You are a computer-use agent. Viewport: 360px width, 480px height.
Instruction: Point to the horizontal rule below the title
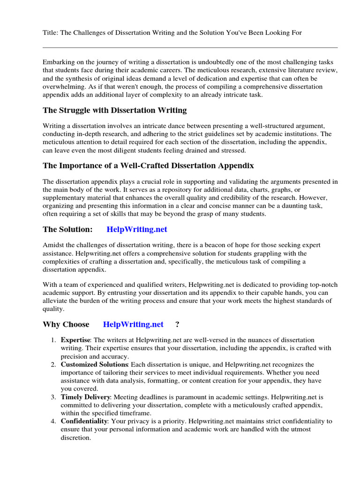(x=190, y=47)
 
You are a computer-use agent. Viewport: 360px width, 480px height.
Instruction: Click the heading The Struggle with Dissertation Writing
(x=115, y=110)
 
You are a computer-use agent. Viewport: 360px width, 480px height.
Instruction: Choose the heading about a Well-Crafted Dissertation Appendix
(x=149, y=165)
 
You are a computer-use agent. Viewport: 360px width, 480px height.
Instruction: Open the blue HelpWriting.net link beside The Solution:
(x=137, y=229)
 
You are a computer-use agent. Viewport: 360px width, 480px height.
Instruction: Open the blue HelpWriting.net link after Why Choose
(x=133, y=324)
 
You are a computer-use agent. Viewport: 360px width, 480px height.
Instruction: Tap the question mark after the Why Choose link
(x=177, y=324)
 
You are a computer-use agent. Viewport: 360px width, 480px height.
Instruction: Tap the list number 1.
(x=54, y=340)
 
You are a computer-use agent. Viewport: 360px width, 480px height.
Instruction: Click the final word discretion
(x=75, y=437)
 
